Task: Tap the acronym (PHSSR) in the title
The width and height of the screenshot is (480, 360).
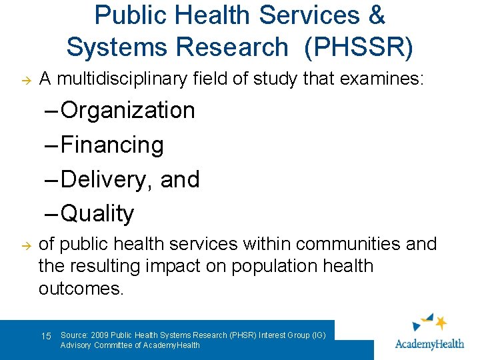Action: click(x=359, y=47)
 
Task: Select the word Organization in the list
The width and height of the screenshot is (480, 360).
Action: click(x=127, y=111)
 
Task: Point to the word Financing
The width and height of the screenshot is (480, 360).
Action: click(x=112, y=145)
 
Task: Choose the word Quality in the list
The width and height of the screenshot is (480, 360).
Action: click(x=97, y=214)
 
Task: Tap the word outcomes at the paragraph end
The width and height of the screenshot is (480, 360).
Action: click(x=81, y=288)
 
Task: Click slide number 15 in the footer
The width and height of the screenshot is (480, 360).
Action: click(x=46, y=336)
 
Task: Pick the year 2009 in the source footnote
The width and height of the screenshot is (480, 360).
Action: click(x=98, y=335)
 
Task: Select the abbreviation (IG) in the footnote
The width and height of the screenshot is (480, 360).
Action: click(x=318, y=335)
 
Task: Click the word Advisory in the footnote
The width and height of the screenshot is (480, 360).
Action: click(x=76, y=345)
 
